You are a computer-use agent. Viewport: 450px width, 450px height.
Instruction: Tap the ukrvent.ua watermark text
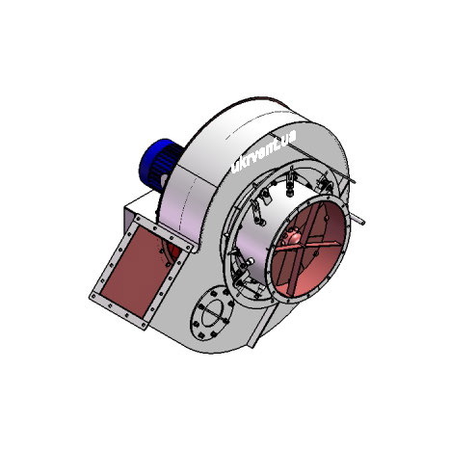(x=263, y=152)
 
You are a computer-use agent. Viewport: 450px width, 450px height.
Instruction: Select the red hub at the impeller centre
(x=290, y=237)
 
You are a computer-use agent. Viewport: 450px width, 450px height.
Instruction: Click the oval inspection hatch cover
(x=212, y=313)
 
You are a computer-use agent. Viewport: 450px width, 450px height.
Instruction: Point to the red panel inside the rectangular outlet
(x=141, y=272)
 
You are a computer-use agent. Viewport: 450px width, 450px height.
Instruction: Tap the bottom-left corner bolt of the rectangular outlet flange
(x=93, y=297)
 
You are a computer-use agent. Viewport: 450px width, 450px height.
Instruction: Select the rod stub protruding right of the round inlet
(x=357, y=220)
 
